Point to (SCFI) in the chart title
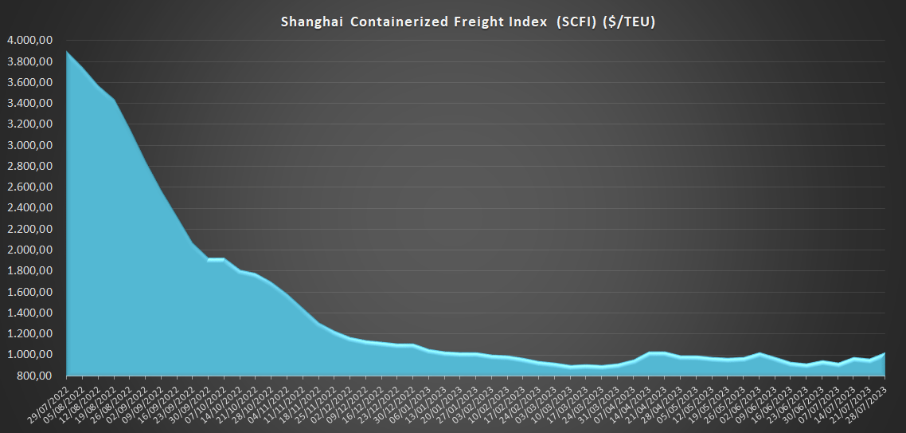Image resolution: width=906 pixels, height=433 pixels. pyautogui.click(x=542, y=22)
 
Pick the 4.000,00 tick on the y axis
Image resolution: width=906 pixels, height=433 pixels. pyautogui.click(x=29, y=41)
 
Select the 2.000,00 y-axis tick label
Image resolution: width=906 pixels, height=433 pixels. pyautogui.click(x=29, y=250)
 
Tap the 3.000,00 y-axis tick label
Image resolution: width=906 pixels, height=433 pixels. pyautogui.click(x=29, y=145)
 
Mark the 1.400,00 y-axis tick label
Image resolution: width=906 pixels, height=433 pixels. pyautogui.click(x=29, y=313)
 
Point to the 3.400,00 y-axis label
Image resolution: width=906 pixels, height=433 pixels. pyautogui.click(x=29, y=104)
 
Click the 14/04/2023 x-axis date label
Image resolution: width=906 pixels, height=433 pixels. pyautogui.click(x=633, y=400)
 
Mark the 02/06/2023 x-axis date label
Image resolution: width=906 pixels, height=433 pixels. pyautogui.click(x=744, y=400)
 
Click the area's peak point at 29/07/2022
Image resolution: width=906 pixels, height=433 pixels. pyautogui.click(x=67, y=52)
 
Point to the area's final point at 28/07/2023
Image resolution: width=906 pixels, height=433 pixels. pyautogui.click(x=885, y=353)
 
